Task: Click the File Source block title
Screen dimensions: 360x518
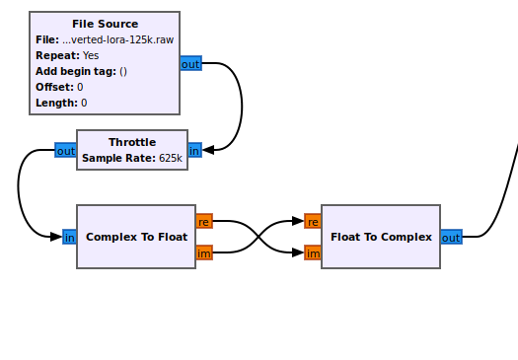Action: click(x=105, y=24)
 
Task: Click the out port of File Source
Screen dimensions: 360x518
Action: click(x=191, y=64)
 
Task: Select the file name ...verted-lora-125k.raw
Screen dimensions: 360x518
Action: click(x=118, y=39)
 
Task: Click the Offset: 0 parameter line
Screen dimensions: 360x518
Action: click(x=59, y=87)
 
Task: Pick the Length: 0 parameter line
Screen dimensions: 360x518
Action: click(x=61, y=103)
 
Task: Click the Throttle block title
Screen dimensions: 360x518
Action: click(x=131, y=142)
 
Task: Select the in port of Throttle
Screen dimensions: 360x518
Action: click(x=194, y=151)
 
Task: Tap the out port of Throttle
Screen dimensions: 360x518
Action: click(x=66, y=151)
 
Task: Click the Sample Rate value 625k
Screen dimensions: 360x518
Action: click(x=171, y=158)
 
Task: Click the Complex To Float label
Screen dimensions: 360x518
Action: click(x=136, y=237)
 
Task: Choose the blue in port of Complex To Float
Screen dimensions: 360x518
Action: click(x=69, y=237)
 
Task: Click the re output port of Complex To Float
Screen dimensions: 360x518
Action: click(x=204, y=221)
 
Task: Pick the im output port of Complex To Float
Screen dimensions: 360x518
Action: click(x=204, y=253)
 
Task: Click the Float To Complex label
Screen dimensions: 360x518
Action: click(x=381, y=237)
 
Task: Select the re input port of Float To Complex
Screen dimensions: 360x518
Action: click(x=313, y=221)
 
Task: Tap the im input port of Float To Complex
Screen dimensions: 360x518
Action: click(x=313, y=253)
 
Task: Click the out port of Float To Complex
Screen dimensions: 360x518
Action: click(x=451, y=237)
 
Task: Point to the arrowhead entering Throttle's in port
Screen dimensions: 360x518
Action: click(x=208, y=151)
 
